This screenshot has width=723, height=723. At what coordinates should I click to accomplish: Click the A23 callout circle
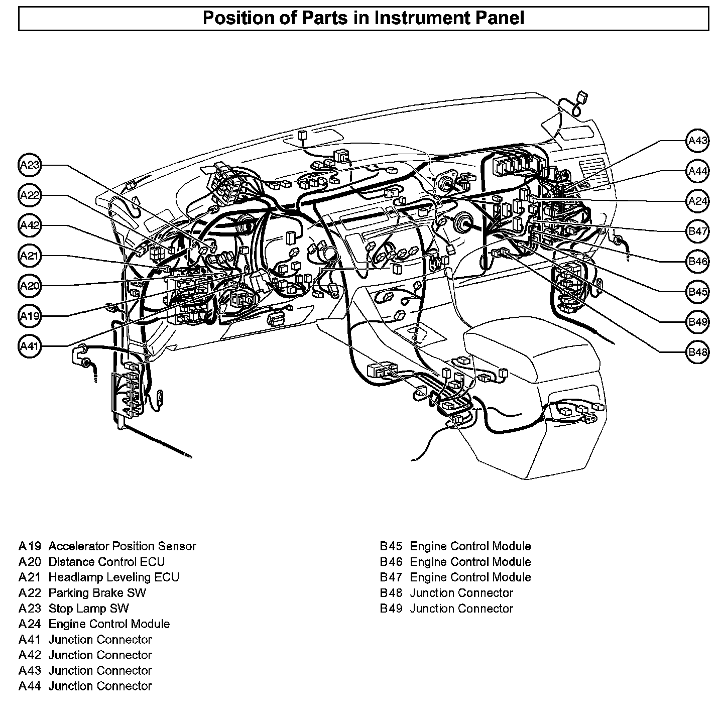tap(30, 166)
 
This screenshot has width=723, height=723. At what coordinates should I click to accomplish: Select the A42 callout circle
tap(30, 226)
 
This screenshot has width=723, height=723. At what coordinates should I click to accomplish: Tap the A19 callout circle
tap(30, 316)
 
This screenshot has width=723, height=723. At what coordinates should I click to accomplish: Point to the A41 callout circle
tap(30, 347)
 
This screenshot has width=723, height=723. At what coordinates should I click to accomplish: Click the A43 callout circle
tap(697, 141)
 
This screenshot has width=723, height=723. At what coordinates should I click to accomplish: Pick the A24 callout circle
tap(697, 201)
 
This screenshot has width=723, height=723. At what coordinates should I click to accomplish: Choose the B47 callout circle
tap(697, 231)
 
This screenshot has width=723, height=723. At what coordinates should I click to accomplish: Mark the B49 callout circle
tap(697, 322)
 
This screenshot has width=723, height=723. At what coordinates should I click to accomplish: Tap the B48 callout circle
tap(697, 352)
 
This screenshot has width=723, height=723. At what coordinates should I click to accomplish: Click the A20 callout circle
tap(30, 286)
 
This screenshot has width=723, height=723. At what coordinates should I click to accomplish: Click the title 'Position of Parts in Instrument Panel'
tap(363, 18)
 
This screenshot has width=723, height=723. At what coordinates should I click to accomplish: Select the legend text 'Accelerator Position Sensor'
tap(122, 546)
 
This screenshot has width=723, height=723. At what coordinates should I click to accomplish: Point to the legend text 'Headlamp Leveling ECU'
tap(113, 577)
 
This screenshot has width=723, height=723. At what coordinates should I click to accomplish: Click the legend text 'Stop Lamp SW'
tap(88, 609)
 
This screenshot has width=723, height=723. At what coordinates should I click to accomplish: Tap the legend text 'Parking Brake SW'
tap(97, 593)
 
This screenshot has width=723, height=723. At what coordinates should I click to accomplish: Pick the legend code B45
tap(391, 546)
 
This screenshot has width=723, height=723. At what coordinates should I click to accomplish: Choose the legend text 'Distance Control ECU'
tap(106, 562)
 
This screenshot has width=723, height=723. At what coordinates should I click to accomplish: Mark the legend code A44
tap(30, 686)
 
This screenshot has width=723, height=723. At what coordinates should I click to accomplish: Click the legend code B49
tap(391, 609)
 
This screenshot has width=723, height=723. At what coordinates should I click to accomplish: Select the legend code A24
tap(30, 624)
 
